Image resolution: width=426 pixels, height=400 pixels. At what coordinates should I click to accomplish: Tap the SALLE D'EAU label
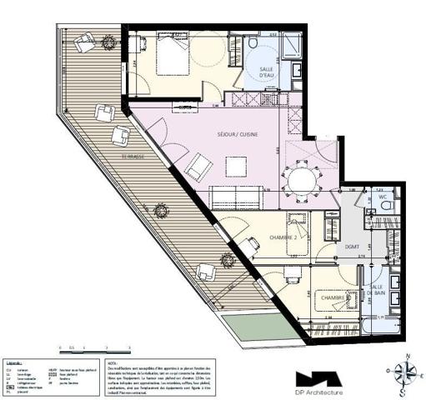coord(266,73)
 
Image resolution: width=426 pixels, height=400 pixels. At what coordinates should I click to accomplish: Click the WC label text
coord(383,197)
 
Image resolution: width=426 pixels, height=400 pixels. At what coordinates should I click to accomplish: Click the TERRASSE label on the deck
coord(131,157)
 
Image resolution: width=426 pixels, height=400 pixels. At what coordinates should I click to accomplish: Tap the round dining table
coord(301,179)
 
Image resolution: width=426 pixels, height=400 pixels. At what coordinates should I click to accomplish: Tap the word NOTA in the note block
coord(113,363)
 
